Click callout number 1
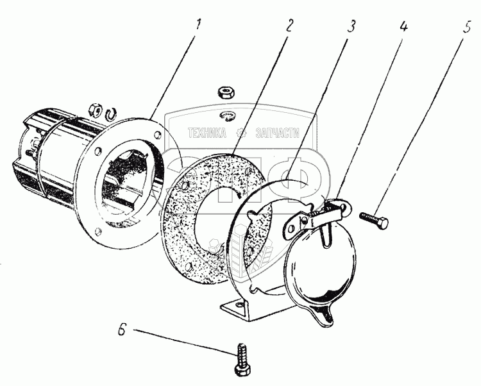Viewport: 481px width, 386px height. click(x=199, y=25)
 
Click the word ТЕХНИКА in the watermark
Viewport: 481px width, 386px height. click(x=207, y=133)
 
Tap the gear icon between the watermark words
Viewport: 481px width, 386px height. click(x=242, y=133)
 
